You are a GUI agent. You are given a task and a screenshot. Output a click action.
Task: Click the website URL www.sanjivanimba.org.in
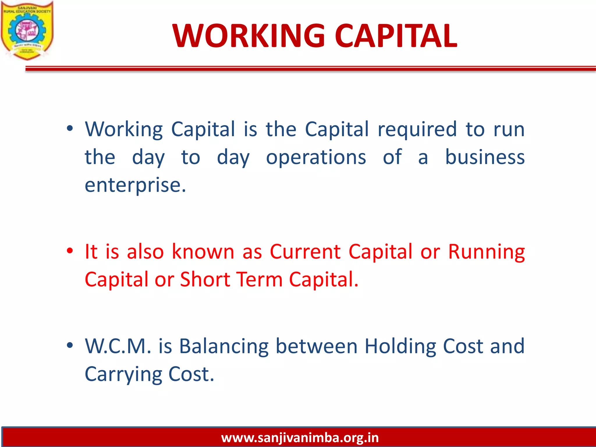click(x=300, y=437)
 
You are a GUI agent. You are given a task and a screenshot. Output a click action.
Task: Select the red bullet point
click(x=70, y=251)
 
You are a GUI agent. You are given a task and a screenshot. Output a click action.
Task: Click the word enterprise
click(x=135, y=185)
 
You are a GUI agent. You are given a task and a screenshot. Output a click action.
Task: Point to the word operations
click(x=316, y=157)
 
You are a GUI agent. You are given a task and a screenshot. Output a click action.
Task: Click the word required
click(x=417, y=130)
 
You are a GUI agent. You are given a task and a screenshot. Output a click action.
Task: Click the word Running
click(x=486, y=252)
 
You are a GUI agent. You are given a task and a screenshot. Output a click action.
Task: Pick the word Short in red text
click(x=205, y=279)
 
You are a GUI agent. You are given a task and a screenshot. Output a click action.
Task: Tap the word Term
click(x=259, y=279)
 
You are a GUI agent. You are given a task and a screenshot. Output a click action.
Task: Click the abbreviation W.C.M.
click(x=118, y=346)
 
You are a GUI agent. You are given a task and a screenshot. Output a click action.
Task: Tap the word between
click(x=316, y=346)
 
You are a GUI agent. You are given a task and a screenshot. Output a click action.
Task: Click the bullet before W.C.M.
click(x=70, y=345)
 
